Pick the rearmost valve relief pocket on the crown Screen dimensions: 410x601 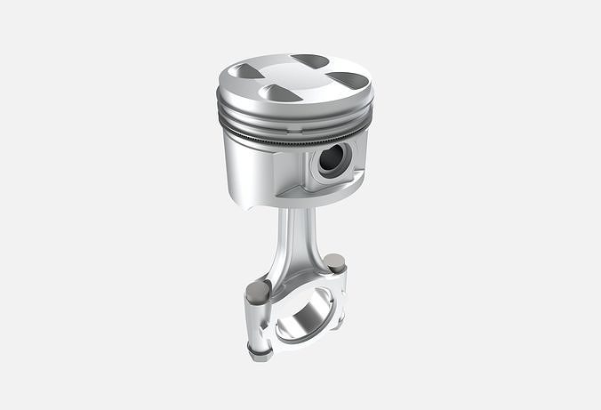click(x=310, y=61)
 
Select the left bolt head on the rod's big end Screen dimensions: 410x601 click(x=257, y=290)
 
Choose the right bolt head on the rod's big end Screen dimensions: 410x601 click(x=334, y=262)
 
